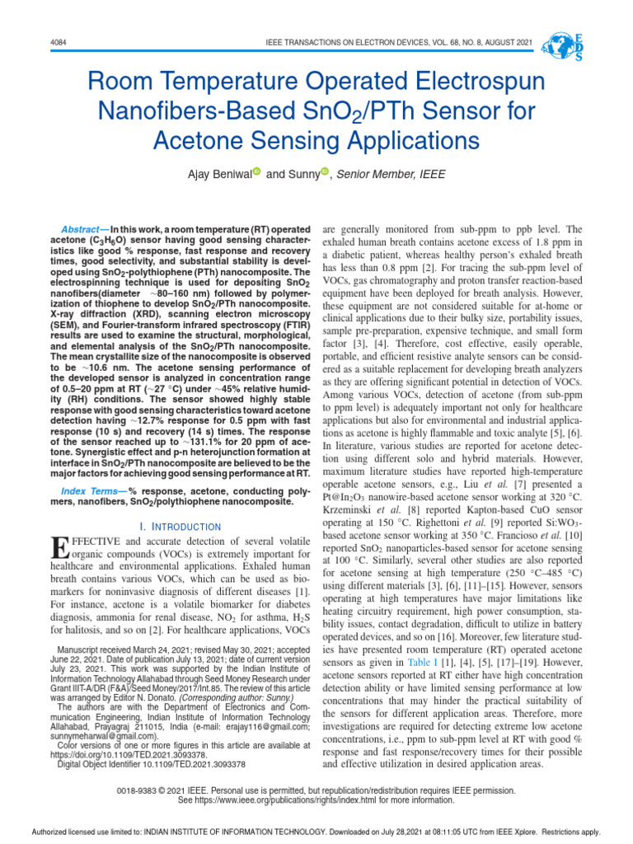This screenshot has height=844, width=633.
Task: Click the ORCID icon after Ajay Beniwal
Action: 256,171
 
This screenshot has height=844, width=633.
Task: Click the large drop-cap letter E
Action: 59,548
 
